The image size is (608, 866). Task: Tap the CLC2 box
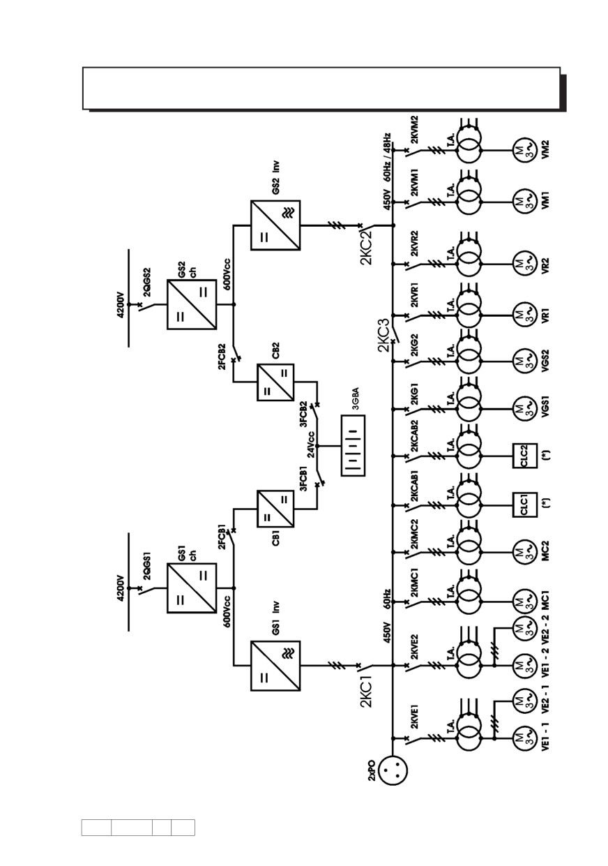coord(524,456)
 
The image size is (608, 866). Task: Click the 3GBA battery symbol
coord(353,445)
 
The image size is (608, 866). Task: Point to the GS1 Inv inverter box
coord(275,666)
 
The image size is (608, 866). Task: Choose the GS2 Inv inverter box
coord(275,225)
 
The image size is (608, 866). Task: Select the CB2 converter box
coord(275,382)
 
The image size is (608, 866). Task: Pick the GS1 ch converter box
coord(192,588)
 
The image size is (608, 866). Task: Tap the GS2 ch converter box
coord(192,305)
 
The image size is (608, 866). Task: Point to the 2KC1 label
coord(366,691)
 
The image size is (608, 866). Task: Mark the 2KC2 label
coord(366,248)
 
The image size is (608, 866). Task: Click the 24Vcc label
coord(312,445)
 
